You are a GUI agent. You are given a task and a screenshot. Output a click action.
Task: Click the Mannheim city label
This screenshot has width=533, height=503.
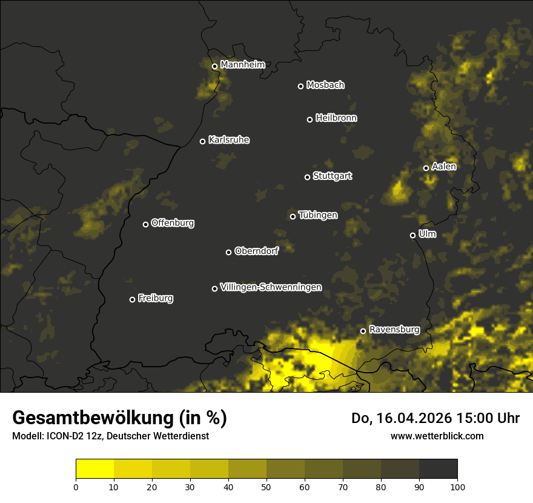pos(242,64)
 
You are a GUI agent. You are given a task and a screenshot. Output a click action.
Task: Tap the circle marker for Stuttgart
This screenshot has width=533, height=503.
pos(307,177)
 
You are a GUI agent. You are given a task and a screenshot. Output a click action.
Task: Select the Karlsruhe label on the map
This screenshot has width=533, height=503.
pos(228,140)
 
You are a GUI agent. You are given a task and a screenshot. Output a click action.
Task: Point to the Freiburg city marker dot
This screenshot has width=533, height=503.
pos(132,299)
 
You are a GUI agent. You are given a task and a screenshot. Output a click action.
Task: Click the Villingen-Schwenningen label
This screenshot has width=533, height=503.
pos(271,287)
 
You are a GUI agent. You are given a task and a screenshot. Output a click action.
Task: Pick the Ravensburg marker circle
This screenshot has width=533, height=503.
pos(363,331)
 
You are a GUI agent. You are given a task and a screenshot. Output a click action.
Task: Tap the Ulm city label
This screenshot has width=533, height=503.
pos(427,234)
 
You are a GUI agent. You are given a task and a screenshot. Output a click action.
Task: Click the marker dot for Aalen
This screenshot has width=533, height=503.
pos(426,168)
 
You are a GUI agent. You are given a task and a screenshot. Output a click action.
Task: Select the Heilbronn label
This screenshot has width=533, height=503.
pos(336,118)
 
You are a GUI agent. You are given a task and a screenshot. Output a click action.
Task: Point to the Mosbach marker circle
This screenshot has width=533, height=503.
pos(300,86)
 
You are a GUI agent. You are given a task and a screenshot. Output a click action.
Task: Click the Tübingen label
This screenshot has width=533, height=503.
pos(318,215)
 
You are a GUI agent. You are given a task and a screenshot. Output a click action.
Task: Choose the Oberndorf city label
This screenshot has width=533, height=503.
pos(256,251)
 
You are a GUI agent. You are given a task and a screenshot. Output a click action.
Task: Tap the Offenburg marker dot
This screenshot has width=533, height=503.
pos(145,224)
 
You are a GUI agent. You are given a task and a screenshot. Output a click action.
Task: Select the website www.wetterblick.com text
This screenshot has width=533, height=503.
pos(437,436)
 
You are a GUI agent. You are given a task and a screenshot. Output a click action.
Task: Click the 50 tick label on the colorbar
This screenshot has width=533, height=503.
pos(266,486)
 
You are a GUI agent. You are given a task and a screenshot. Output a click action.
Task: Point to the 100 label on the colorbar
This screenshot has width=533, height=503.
pos(457,486)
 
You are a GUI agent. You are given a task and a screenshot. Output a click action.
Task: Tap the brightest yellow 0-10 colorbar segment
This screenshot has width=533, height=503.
pos(94,469)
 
